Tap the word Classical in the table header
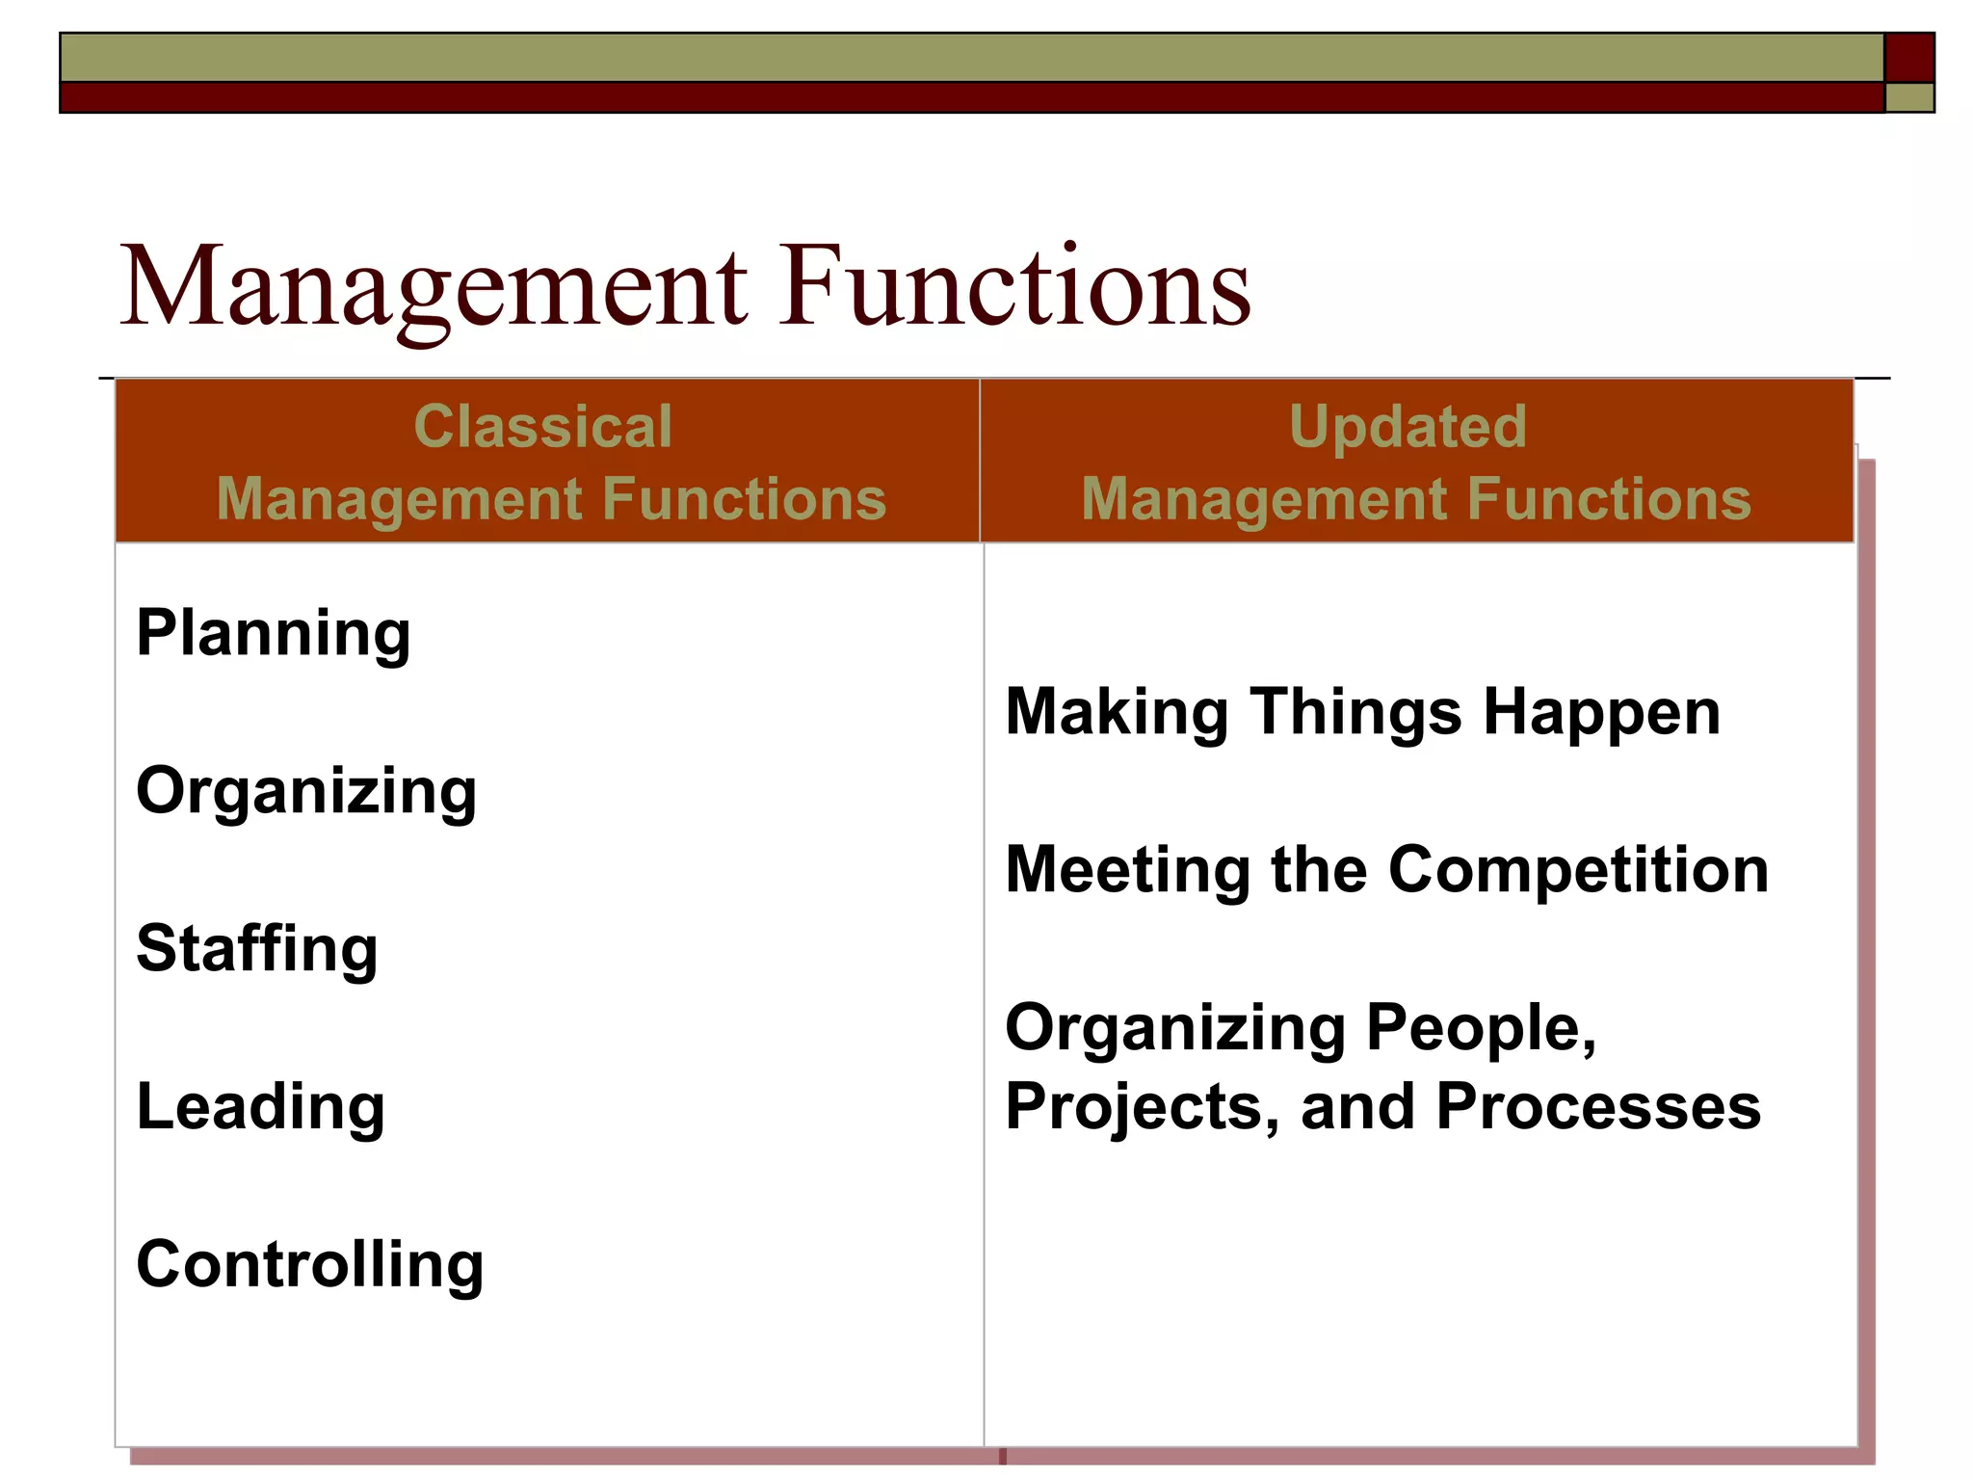tap(542, 426)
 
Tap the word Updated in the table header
tap(1407, 426)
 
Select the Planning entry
tap(274, 634)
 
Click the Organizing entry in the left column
tap(306, 792)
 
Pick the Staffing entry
tap(257, 948)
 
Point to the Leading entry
tap(261, 1106)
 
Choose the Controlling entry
tap(310, 1264)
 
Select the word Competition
tap(1578, 871)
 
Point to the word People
tap(1481, 1029)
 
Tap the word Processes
tap(1598, 1106)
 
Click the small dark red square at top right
tap(1908, 58)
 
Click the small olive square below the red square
tap(1908, 98)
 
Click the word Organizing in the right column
tap(1174, 1029)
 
